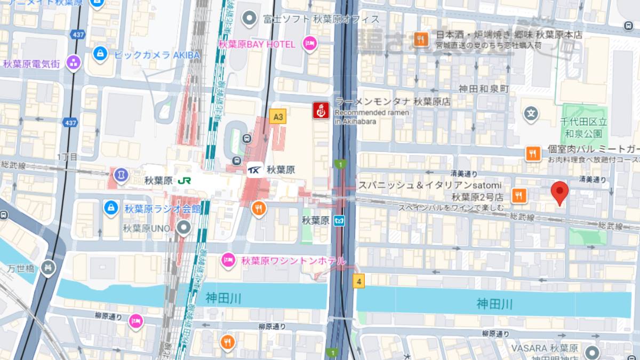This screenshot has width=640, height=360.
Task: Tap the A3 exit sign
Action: [277, 116]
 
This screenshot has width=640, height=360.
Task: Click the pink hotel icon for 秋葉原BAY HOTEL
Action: [309, 44]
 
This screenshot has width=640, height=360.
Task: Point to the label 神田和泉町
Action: [482, 89]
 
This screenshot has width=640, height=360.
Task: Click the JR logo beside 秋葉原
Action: [185, 180]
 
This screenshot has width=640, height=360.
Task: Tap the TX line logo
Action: [254, 170]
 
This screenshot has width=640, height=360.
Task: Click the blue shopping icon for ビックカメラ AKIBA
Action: [100, 54]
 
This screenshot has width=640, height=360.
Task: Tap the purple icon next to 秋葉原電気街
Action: [73, 63]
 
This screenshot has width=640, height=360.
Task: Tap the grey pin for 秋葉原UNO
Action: [185, 229]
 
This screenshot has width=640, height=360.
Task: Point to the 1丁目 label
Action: [67, 157]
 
